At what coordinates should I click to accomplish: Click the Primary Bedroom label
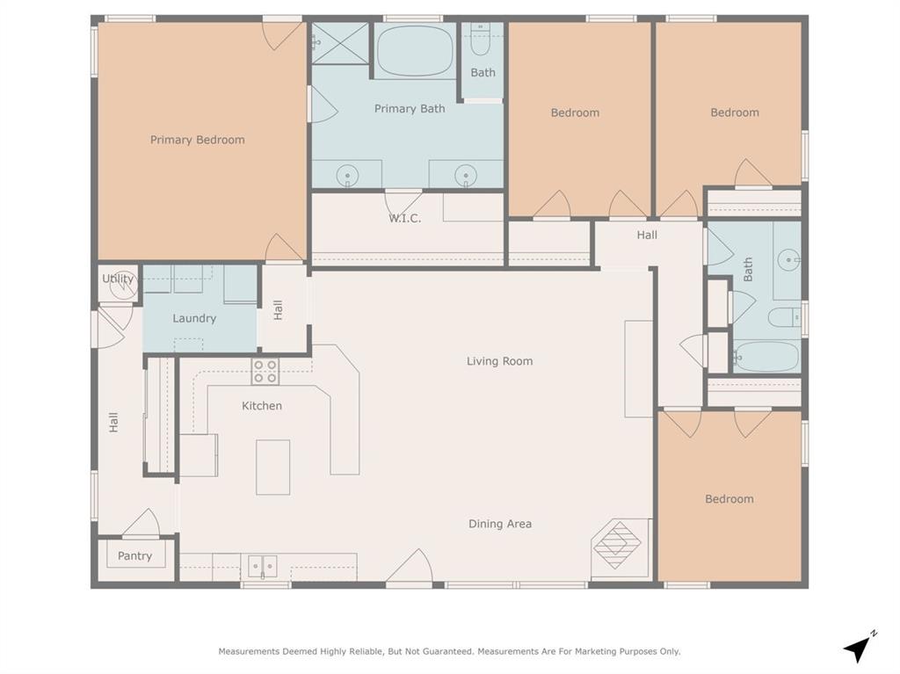click(x=197, y=140)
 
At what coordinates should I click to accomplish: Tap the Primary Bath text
click(x=410, y=109)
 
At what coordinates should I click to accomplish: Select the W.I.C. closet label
click(x=404, y=218)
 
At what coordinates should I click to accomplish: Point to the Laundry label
click(x=194, y=318)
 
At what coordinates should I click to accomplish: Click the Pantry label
click(x=134, y=555)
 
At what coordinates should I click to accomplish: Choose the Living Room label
click(x=499, y=361)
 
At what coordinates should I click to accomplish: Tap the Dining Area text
click(x=499, y=524)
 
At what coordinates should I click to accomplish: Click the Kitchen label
click(x=262, y=405)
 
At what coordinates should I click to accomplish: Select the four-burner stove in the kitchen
click(x=265, y=372)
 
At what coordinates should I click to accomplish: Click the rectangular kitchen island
click(x=272, y=467)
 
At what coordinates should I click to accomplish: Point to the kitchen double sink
click(x=262, y=566)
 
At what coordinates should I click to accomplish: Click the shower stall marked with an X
click(x=340, y=42)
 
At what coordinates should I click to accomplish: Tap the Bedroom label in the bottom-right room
click(x=729, y=499)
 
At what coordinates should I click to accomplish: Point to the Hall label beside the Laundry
click(x=278, y=309)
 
